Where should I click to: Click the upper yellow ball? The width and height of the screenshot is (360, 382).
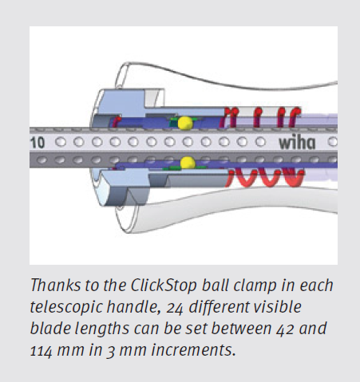pyautogui.click(x=184, y=123)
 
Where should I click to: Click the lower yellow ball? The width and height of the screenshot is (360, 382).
pyautogui.click(x=188, y=163)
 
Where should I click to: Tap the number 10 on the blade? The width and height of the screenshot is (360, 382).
pyautogui.click(x=38, y=143)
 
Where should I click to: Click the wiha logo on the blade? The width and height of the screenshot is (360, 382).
pyautogui.click(x=297, y=143)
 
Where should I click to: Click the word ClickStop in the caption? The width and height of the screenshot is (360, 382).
pyautogui.click(x=164, y=286)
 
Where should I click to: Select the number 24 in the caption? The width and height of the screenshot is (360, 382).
pyautogui.click(x=175, y=308)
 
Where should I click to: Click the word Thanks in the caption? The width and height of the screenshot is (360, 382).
pyautogui.click(x=55, y=285)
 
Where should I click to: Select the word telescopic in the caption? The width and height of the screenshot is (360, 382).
pyautogui.click(x=66, y=308)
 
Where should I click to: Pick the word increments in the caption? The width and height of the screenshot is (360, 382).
pyautogui.click(x=193, y=351)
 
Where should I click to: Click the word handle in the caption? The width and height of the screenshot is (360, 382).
pyautogui.click(x=134, y=307)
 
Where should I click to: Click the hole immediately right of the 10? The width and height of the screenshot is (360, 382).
pyautogui.click(x=61, y=142)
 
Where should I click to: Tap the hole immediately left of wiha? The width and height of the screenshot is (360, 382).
pyautogui.click(x=260, y=142)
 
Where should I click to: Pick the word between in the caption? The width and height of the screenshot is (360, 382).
pyautogui.click(x=242, y=329)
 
